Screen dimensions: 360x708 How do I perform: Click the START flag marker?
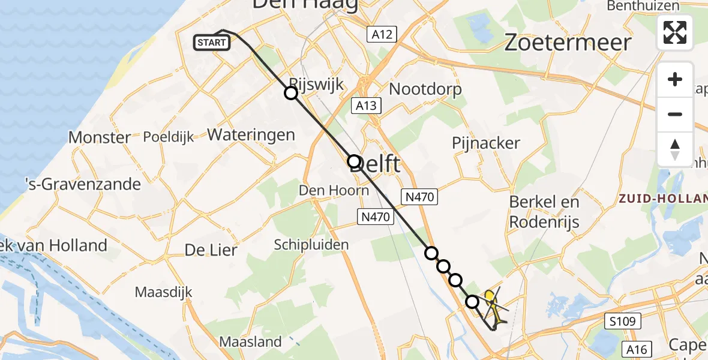tap(212, 43)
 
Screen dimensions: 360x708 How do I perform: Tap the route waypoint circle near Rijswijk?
tap(291, 93)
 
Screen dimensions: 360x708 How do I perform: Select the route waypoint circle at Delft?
tap(354, 161)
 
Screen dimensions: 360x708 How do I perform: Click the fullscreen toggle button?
tap(675, 32)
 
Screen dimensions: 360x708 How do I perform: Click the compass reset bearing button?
tap(675, 149)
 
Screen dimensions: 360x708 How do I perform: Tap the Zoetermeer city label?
tap(568, 43)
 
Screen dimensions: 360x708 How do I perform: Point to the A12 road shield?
tap(382, 34)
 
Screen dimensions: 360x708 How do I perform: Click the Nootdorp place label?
tap(426, 89)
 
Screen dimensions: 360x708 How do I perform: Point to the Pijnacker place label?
tap(487, 143)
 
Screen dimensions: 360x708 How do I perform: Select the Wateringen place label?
tap(251, 134)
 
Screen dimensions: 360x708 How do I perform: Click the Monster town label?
tap(100, 137)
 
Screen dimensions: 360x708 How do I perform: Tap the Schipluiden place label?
tap(311, 244)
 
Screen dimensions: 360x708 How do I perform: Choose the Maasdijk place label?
tap(163, 292)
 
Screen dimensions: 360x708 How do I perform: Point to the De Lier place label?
tap(211, 250)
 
